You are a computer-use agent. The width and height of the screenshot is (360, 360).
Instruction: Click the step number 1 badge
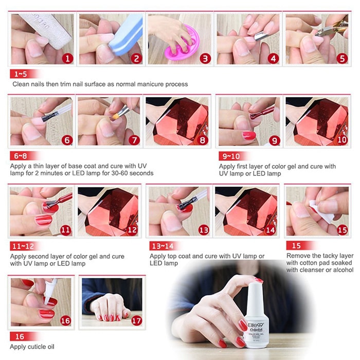tap(66, 58)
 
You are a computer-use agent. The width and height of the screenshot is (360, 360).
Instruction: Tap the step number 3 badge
tap(205, 58)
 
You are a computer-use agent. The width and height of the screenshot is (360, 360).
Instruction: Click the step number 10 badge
tap(342, 139)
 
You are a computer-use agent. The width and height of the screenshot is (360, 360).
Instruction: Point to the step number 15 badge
tap(342, 230)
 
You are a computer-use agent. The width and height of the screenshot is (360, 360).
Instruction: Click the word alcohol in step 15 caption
tap(342, 271)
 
